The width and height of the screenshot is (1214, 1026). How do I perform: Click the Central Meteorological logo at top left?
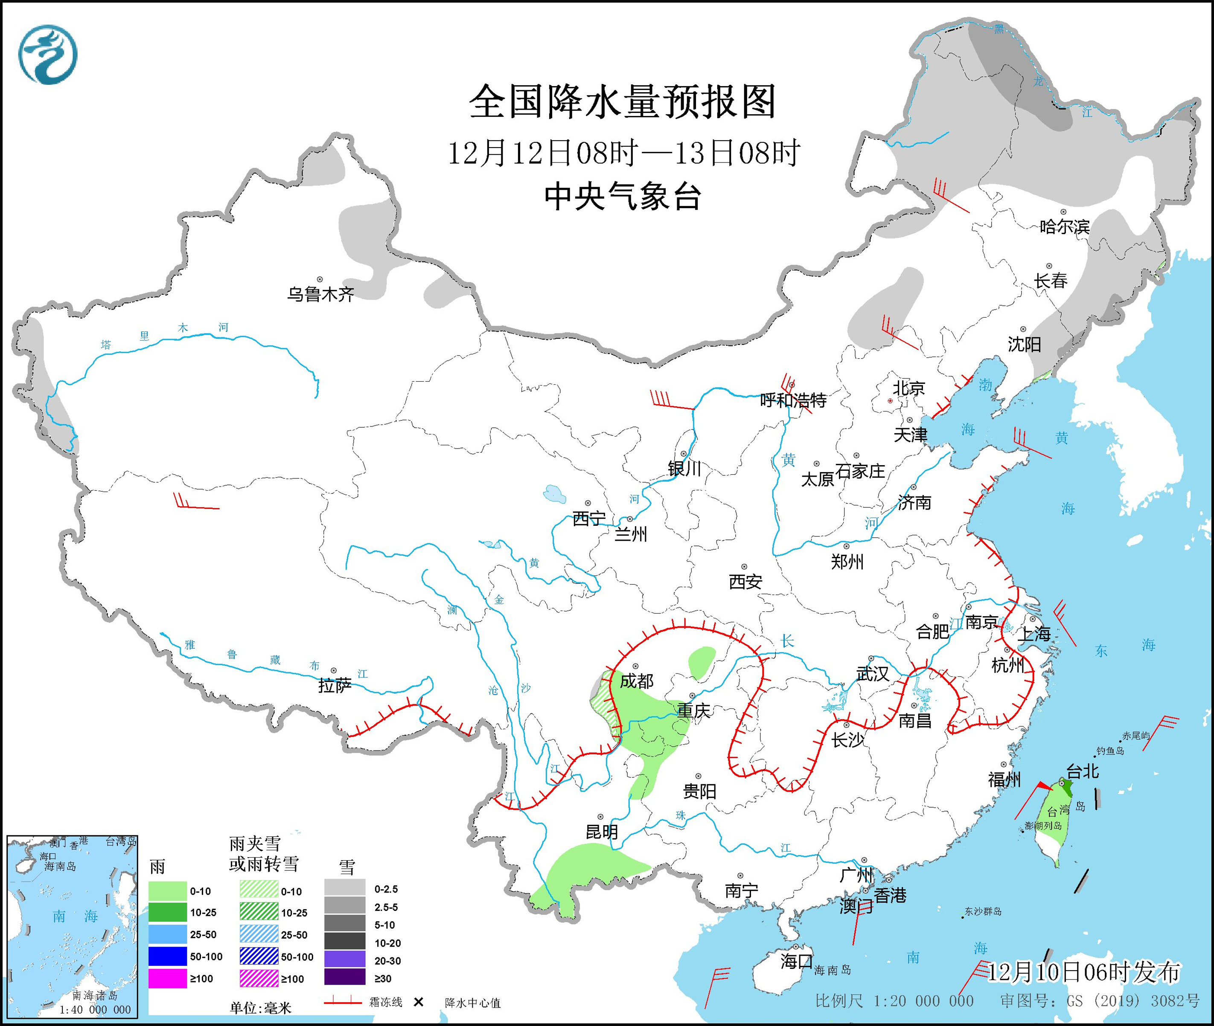48,54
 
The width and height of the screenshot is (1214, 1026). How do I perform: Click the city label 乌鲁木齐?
320,294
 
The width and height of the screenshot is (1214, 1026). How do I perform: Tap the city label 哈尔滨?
1064,226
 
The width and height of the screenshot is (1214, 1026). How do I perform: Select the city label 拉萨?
335,686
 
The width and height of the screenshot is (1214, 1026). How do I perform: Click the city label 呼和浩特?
793,400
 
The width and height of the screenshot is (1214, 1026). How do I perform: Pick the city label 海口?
796,961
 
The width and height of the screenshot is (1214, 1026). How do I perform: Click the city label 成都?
637,681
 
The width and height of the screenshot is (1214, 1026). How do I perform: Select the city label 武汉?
872,673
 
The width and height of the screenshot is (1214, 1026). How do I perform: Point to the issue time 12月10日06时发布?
1083,973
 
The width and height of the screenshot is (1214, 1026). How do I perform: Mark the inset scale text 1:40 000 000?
95,1010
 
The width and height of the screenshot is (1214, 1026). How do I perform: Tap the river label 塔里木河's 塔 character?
106,345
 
